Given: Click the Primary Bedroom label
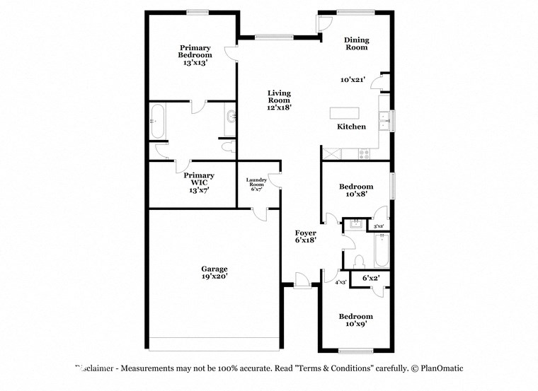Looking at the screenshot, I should tap(195, 51).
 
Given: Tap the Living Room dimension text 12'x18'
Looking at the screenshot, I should tap(279, 107).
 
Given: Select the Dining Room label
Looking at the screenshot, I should tap(356, 43).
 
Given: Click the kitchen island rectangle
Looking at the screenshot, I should tap(345, 112).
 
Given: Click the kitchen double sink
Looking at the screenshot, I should tap(384, 122).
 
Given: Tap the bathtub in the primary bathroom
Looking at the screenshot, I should tap(157, 121).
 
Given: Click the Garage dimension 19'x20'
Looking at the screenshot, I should tap(214, 276).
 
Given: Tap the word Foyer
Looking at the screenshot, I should tap(306, 233).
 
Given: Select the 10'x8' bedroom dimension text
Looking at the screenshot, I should tap(356, 194).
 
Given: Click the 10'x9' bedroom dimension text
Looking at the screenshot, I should tap(355, 324).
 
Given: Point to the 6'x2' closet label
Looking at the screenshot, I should tap(371, 278).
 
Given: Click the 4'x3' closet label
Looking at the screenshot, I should tap(340, 282).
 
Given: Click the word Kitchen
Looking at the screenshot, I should tap(351, 127).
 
